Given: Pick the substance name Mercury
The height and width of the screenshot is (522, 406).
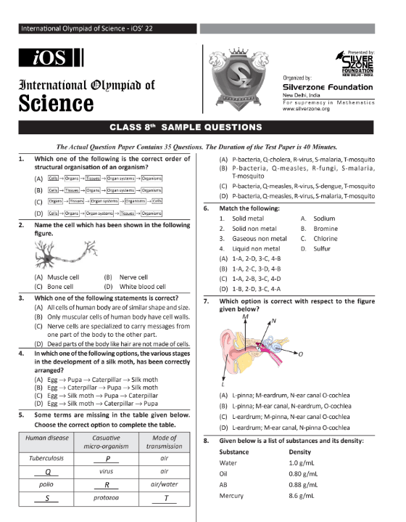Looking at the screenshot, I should click(231, 495).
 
